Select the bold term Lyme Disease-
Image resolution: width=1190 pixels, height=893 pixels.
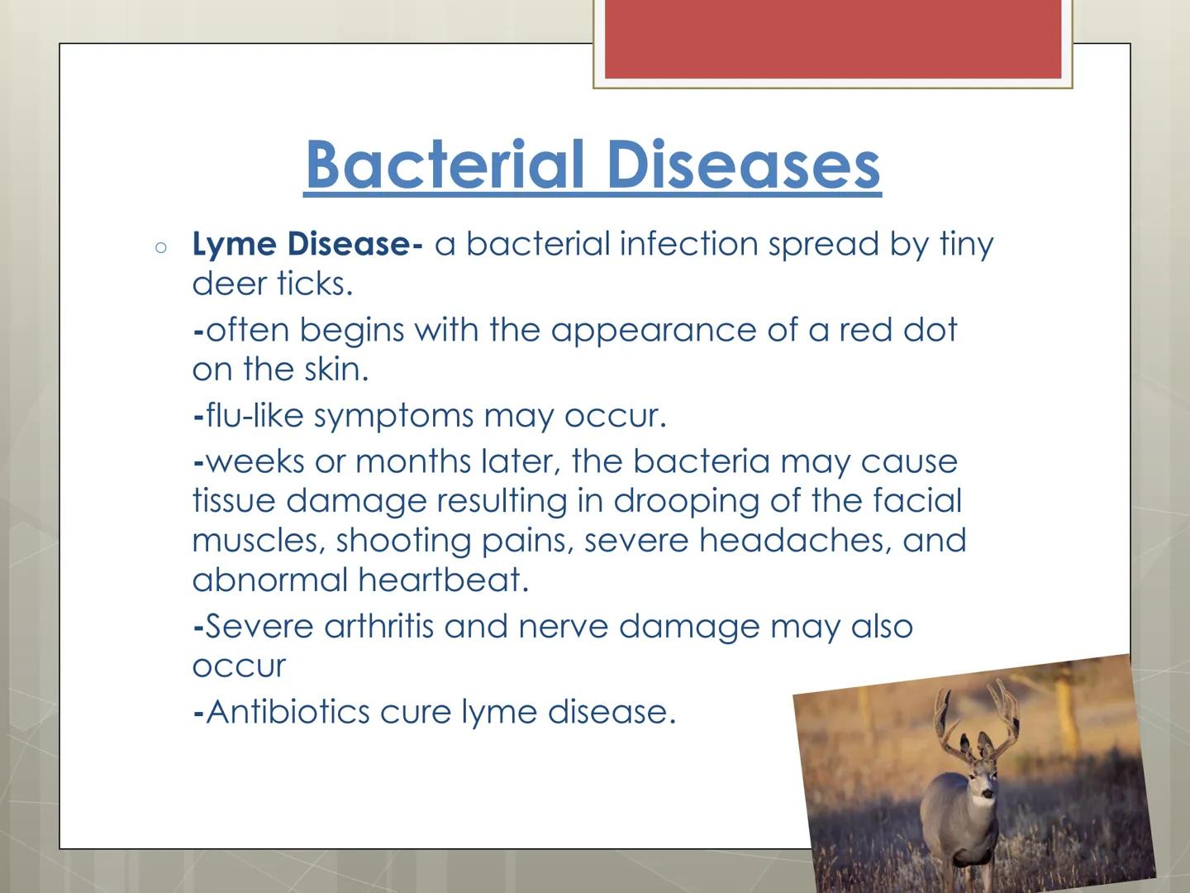pyautogui.click(x=307, y=244)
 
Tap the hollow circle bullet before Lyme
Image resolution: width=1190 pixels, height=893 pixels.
pyautogui.click(x=161, y=246)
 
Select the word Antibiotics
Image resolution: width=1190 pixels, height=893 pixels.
pyautogui.click(x=288, y=712)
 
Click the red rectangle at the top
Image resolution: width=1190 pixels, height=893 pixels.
pyautogui.click(x=833, y=39)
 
